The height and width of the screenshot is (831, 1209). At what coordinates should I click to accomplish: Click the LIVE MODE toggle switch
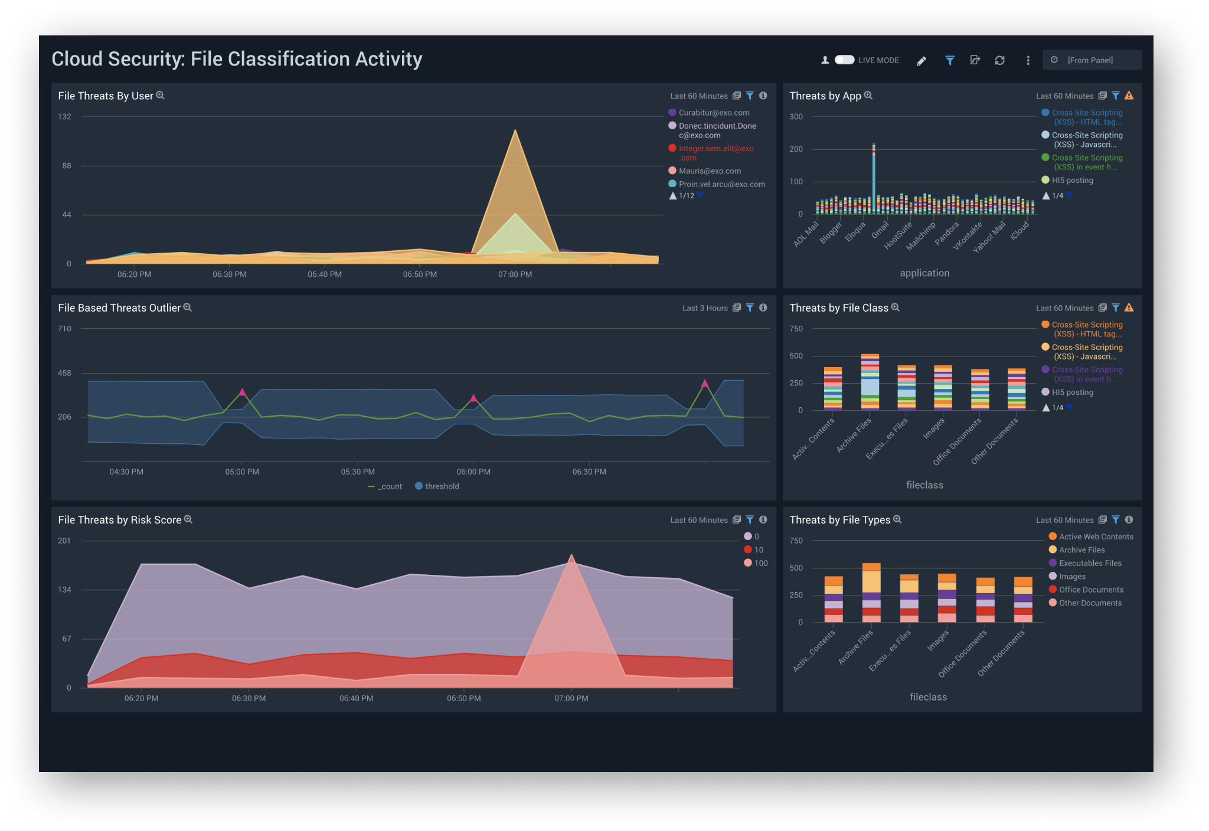(x=844, y=60)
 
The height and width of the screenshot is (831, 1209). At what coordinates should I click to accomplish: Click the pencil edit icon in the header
(x=921, y=61)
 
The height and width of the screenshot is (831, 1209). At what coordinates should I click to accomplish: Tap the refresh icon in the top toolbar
(x=999, y=60)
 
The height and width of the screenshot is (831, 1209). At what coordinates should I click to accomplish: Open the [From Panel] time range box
(x=1091, y=60)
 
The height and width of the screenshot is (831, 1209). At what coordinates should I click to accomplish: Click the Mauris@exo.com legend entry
(x=709, y=171)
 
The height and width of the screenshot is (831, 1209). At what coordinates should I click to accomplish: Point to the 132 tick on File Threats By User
(x=65, y=117)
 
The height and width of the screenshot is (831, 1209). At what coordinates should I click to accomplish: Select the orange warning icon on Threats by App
(x=1129, y=96)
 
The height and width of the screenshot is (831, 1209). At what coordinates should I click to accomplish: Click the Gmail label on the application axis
(x=880, y=230)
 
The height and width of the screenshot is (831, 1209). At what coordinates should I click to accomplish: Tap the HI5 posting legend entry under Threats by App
(x=1072, y=181)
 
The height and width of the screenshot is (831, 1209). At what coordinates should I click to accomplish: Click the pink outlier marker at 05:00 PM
(x=242, y=392)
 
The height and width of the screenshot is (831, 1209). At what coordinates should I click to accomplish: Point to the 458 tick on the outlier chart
(x=64, y=374)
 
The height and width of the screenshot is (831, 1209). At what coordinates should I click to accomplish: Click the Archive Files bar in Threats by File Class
(x=870, y=381)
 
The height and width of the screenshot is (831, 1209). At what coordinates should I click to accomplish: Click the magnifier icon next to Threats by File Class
(x=896, y=307)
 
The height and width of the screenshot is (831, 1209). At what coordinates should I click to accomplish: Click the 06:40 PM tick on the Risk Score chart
(x=356, y=698)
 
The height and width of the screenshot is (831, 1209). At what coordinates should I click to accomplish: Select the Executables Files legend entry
(x=1090, y=563)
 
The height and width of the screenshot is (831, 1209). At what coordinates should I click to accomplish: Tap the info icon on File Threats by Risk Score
(x=763, y=519)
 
